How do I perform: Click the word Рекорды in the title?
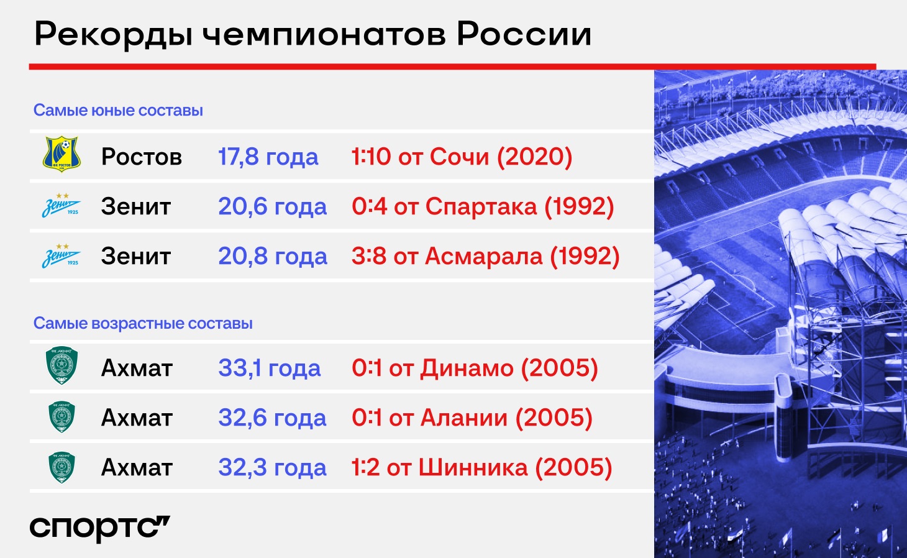click(113, 35)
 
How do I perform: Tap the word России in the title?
click(524, 34)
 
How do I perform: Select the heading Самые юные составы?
click(118, 110)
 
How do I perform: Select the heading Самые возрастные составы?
click(143, 323)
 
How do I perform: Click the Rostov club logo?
click(62, 154)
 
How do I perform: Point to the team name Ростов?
click(141, 157)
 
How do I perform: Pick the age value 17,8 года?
click(268, 157)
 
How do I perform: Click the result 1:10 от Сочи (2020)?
click(462, 157)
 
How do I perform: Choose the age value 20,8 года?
click(273, 257)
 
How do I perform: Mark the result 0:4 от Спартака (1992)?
click(483, 206)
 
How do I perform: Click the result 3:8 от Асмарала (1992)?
click(485, 257)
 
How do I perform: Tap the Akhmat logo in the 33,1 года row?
click(61, 365)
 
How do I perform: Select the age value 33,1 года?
click(269, 368)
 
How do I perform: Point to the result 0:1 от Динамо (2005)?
click(475, 368)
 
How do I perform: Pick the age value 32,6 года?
click(272, 418)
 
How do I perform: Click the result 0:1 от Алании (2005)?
click(472, 418)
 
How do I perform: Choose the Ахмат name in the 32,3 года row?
click(137, 468)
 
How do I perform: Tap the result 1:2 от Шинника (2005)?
click(481, 468)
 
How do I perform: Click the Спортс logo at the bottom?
click(99, 528)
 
